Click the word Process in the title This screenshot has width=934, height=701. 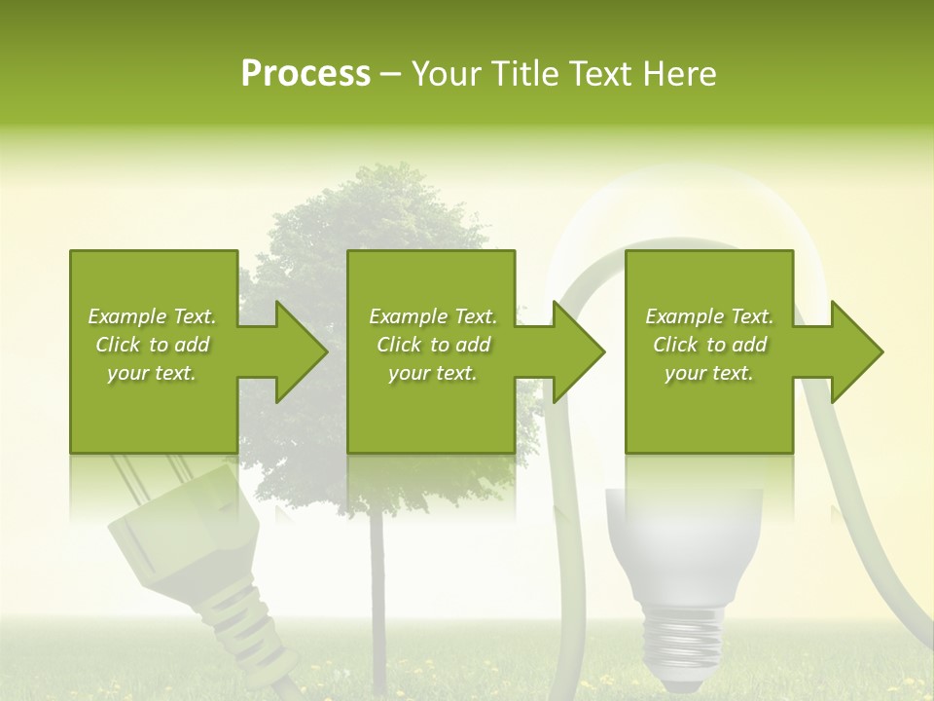tap(305, 74)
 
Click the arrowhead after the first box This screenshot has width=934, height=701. tap(298, 351)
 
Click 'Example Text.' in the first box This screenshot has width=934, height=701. tap(152, 316)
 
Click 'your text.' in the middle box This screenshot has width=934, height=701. tap(432, 373)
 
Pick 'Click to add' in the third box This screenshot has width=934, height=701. tap(709, 345)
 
